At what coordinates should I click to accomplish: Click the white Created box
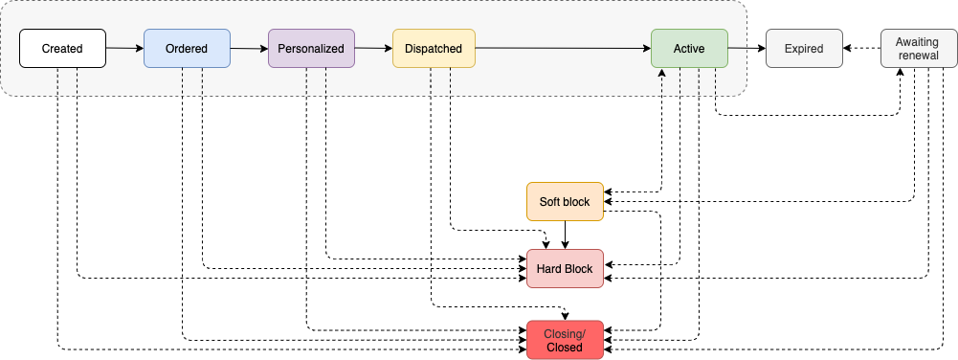[62, 49]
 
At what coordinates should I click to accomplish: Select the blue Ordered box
[187, 49]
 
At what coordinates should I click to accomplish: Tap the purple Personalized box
[311, 49]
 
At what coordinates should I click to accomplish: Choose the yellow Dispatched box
[434, 49]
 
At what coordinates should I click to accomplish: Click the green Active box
[689, 49]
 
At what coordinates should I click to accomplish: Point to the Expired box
[804, 49]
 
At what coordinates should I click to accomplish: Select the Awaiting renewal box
[918, 49]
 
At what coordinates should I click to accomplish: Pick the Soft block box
[565, 202]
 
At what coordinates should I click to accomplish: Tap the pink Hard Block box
[565, 269]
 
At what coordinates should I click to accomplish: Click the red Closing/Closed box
[565, 340]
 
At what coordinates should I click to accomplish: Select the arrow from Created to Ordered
[124, 48]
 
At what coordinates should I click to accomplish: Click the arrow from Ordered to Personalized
[249, 48]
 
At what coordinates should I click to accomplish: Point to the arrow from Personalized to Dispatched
[373, 48]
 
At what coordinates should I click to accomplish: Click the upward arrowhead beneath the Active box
[661, 73]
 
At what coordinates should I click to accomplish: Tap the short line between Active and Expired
[738, 48]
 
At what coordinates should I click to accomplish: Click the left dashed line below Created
[57, 81]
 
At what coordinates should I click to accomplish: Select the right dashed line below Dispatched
[450, 81]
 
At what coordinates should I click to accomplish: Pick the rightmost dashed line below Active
[718, 81]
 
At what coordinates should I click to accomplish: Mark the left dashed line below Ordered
[182, 81]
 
